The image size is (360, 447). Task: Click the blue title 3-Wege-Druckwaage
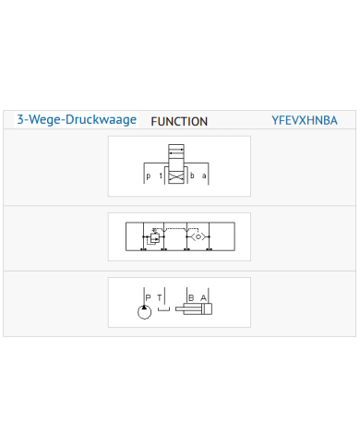coord(77,120)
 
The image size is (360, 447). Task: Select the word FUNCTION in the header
coord(179,122)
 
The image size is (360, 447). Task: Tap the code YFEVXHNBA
coord(305,120)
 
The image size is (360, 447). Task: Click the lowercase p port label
coord(149,176)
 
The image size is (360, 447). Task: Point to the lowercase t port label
coord(161,175)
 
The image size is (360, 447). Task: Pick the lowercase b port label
coord(192,175)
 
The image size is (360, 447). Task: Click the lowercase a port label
coord(204,175)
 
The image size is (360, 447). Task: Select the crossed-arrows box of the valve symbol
coord(176,178)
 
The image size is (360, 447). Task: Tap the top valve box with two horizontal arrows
coord(176,150)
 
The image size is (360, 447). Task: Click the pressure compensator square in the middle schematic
coord(155,238)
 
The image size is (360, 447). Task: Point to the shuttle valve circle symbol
coord(198,236)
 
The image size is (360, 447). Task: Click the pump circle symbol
coord(144,312)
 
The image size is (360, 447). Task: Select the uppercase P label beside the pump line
coord(148,297)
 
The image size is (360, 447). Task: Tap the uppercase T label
coord(160,297)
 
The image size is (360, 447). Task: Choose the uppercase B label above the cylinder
coord(191,297)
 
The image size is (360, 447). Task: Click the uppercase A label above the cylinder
coord(203,297)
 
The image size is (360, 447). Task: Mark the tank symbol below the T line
coord(163,309)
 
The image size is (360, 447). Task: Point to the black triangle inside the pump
coord(144,308)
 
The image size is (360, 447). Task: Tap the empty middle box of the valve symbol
coord(176,164)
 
